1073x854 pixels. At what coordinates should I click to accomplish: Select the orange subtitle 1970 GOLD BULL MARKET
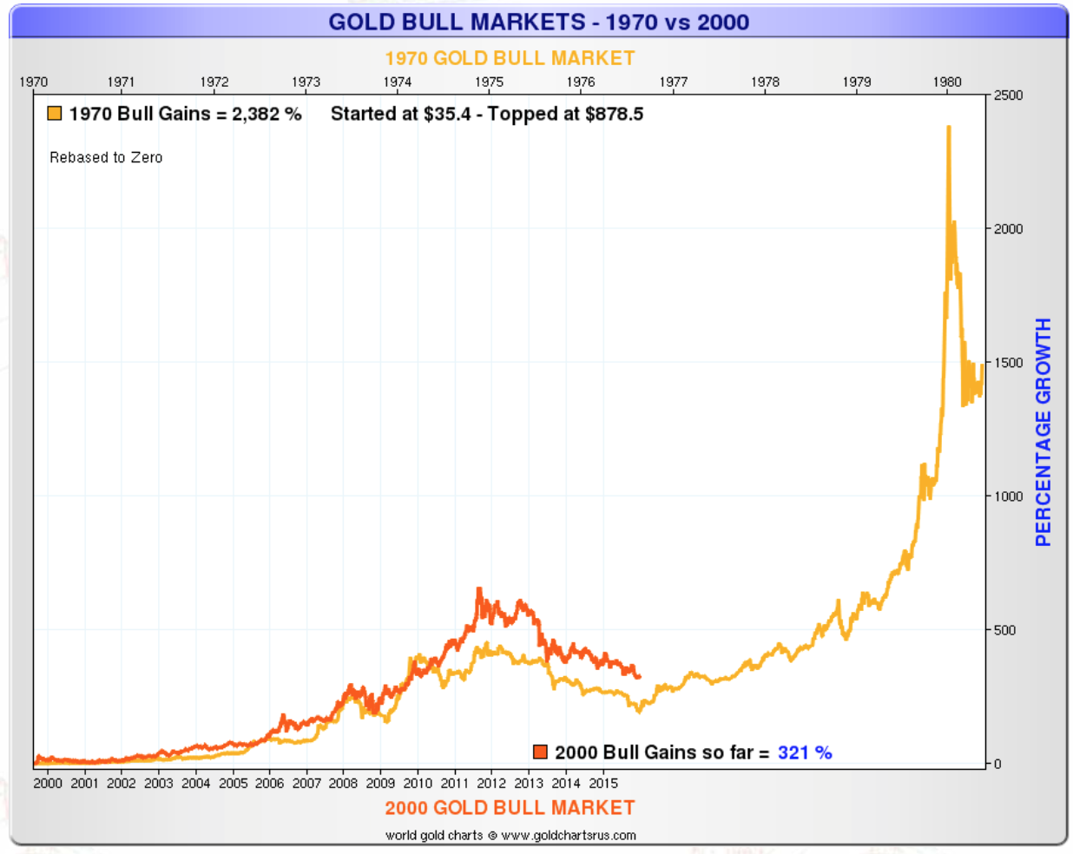(x=510, y=58)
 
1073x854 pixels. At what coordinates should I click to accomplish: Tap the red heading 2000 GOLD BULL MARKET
(x=510, y=808)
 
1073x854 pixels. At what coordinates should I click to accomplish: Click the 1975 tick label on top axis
(x=489, y=82)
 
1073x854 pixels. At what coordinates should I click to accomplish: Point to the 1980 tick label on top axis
(x=947, y=82)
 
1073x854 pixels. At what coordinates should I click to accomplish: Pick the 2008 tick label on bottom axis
(x=343, y=783)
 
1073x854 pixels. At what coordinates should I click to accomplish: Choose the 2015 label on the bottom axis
(x=603, y=783)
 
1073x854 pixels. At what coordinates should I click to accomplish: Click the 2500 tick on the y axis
(x=1008, y=95)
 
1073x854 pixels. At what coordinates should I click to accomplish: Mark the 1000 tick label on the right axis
(x=1008, y=496)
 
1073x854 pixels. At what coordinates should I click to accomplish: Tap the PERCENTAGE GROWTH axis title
(x=1043, y=431)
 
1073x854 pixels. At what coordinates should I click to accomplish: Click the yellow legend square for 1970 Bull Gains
(x=55, y=114)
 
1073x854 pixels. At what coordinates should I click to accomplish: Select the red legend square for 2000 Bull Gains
(x=540, y=752)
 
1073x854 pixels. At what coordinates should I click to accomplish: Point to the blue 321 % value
(x=805, y=752)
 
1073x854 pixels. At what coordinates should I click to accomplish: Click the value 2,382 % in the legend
(x=267, y=114)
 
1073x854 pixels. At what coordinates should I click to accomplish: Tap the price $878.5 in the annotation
(x=614, y=114)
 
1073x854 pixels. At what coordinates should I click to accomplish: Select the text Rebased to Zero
(x=106, y=157)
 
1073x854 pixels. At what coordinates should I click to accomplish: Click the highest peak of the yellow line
(x=948, y=128)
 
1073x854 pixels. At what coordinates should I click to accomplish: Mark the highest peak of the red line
(x=479, y=589)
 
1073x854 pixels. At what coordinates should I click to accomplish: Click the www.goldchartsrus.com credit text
(x=569, y=835)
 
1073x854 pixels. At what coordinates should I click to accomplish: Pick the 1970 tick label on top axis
(x=33, y=82)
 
